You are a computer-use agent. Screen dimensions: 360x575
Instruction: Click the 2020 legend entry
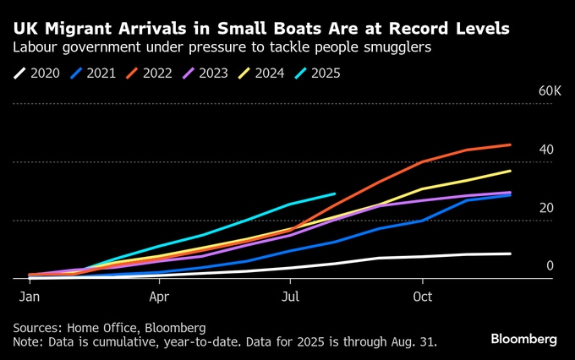[38, 73]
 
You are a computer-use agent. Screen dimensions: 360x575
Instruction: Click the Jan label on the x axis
[29, 297]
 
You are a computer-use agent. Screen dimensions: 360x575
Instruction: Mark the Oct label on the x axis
[423, 297]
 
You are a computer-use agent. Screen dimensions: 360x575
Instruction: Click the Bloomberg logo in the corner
[523, 339]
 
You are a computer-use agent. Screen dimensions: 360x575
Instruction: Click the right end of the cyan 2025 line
[335, 194]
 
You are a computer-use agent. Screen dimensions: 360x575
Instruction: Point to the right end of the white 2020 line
[511, 254]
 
